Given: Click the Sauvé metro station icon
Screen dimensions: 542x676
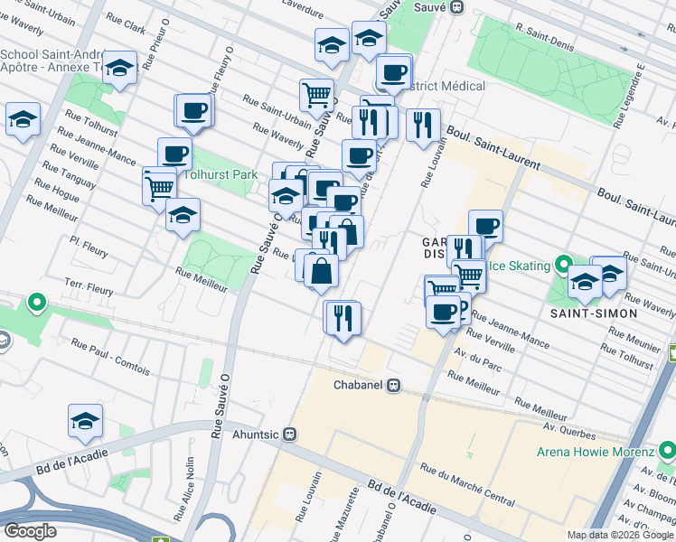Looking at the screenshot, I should pyautogui.click(x=457, y=6).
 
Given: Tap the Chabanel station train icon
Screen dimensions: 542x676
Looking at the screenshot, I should pyautogui.click(x=393, y=386).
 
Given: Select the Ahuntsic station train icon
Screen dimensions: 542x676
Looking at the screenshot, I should pyautogui.click(x=289, y=433).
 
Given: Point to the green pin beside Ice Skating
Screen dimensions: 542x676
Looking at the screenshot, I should pyautogui.click(x=565, y=265).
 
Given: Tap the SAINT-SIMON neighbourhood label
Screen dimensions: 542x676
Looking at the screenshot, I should pyautogui.click(x=595, y=313).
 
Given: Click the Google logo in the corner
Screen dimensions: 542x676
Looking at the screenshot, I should pyautogui.click(x=30, y=530).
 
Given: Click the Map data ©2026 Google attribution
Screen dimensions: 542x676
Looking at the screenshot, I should pyautogui.click(x=620, y=535).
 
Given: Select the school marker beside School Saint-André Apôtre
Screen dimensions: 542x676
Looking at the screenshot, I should pyautogui.click(x=118, y=68).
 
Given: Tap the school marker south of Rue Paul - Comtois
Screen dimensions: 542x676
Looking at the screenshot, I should pyautogui.click(x=85, y=420).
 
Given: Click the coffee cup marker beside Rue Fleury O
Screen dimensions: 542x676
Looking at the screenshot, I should pyautogui.click(x=192, y=111).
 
